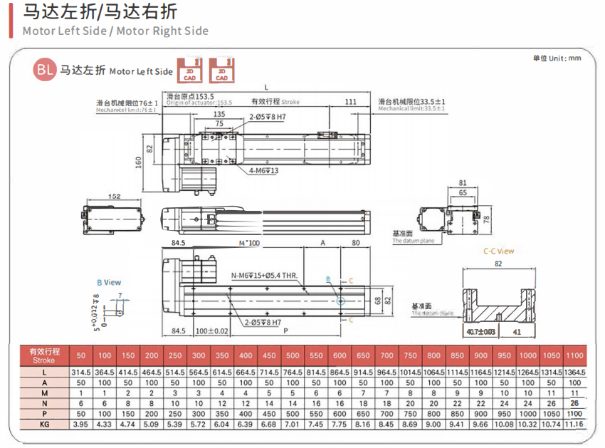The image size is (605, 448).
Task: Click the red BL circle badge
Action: [x=44, y=70]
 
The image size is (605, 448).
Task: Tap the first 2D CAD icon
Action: [x=190, y=70]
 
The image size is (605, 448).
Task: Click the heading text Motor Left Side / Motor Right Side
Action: [x=115, y=31]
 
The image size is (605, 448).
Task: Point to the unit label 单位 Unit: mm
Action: [x=557, y=58]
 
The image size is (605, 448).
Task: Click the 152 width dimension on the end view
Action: [x=114, y=197]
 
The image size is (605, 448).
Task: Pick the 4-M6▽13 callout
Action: [x=263, y=170]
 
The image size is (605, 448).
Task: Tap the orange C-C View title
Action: [x=498, y=251]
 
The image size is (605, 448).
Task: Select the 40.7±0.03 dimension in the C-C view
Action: [x=482, y=332]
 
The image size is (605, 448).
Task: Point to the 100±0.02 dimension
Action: [x=212, y=331]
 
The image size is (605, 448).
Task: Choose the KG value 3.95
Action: [x=80, y=424]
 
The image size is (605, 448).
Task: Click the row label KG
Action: [x=44, y=424]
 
